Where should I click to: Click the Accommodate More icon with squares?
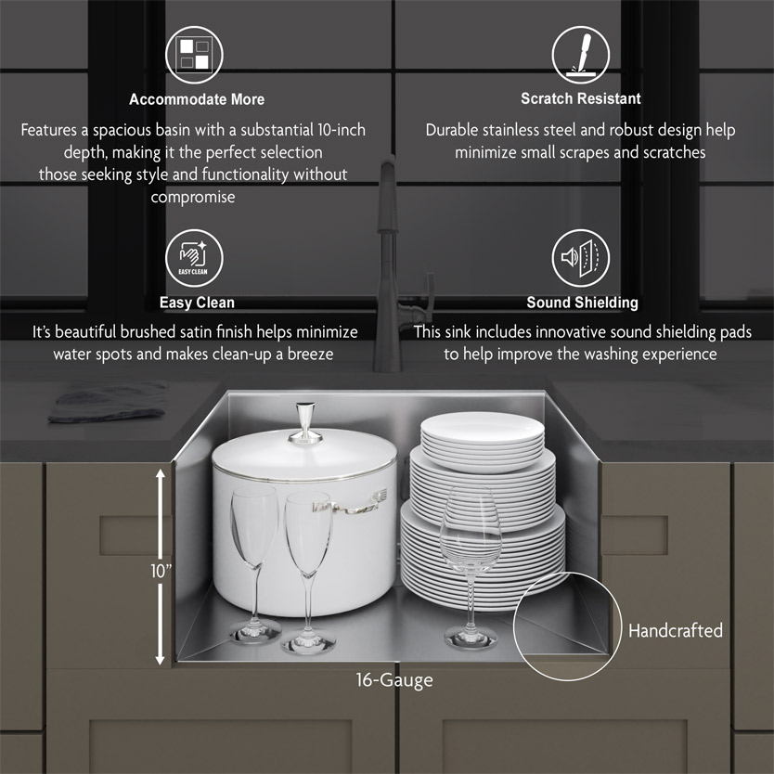pyautogui.click(x=194, y=55)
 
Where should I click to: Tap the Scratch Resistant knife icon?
pyautogui.click(x=581, y=55)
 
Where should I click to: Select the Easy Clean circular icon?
pyautogui.click(x=194, y=258)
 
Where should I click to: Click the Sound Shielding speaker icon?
pyautogui.click(x=581, y=258)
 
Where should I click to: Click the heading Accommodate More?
pyautogui.click(x=197, y=99)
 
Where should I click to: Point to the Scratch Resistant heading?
pyautogui.click(x=581, y=98)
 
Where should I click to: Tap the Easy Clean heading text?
pyautogui.click(x=197, y=303)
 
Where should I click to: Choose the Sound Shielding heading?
pyautogui.click(x=582, y=303)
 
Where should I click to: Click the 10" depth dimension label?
pyautogui.click(x=161, y=571)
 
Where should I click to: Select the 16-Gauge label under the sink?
pyautogui.click(x=394, y=680)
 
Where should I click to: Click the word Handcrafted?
pyautogui.click(x=676, y=630)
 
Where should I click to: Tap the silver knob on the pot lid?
pyautogui.click(x=305, y=423)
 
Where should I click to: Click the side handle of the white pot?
pyautogui.click(x=350, y=504)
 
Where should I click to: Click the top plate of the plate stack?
pyautogui.click(x=482, y=427)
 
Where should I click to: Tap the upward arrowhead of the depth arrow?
pyautogui.click(x=160, y=475)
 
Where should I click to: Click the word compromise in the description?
pyautogui.click(x=193, y=197)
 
